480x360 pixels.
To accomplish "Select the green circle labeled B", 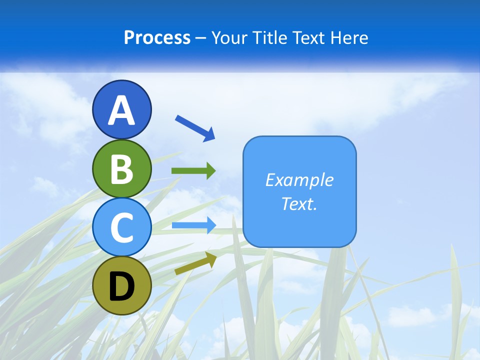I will (122, 168).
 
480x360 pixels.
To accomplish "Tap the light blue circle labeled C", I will (122, 227).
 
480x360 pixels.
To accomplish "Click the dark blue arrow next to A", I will (195, 127).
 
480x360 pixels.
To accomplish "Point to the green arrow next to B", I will (193, 171).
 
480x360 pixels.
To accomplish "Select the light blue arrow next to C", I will (193, 225).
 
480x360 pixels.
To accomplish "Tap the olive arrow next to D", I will (195, 263).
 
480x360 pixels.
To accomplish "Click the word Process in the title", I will (157, 37).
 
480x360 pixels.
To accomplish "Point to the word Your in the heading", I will (229, 37).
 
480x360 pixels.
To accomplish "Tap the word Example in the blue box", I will (299, 179).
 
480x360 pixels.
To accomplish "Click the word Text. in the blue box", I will (299, 203).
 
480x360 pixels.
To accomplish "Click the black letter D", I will (122, 287).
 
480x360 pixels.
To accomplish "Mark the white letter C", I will (122, 227).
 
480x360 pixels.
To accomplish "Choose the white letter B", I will (122, 169).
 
